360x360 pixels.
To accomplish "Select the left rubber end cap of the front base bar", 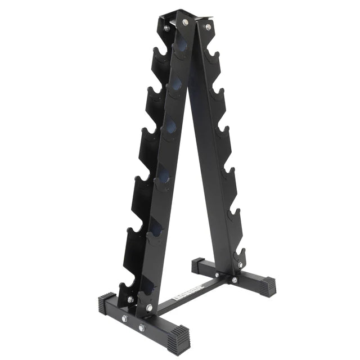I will coord(106,304).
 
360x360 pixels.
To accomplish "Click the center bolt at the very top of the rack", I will coord(186,22).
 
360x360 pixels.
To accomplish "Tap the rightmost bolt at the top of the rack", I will coord(208,26).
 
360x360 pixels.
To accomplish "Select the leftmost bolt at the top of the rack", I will coord(166,26).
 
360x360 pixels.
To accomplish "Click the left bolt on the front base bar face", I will coord(125,319).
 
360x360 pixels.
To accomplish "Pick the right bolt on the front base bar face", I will coord(142,327).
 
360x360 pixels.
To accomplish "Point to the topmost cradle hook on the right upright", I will coord(212,56).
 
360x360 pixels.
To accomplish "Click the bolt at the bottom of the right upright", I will coord(241,264).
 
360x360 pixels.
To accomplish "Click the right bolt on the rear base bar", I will coord(235,280).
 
